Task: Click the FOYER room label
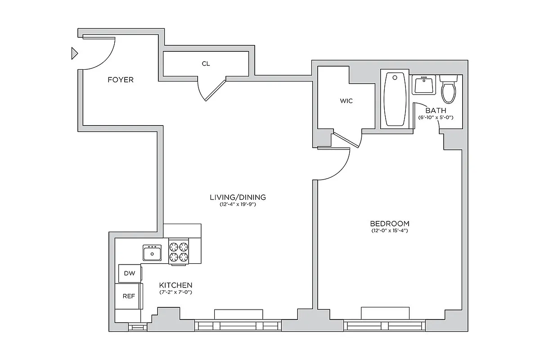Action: point(120,80)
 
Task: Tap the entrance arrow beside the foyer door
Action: point(74,54)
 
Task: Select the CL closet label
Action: point(206,64)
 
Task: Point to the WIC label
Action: point(346,101)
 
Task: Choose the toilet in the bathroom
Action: point(449,90)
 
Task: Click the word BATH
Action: point(436,110)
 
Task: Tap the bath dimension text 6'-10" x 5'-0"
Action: point(436,117)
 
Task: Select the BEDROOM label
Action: point(389,224)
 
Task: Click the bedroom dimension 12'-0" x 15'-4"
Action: point(389,231)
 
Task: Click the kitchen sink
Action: point(153,252)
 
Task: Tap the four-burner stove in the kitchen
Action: point(178,252)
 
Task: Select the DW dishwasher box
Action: point(129,273)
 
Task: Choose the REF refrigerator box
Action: point(129,296)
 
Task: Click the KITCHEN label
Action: point(176,285)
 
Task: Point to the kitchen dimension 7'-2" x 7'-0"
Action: point(176,292)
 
